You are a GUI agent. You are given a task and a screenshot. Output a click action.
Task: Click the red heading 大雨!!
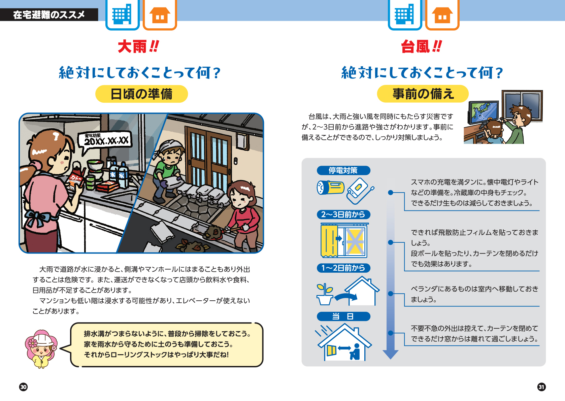[138, 47]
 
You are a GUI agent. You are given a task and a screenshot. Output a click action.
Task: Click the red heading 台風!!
[421, 47]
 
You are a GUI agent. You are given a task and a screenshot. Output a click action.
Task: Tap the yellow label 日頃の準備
[141, 94]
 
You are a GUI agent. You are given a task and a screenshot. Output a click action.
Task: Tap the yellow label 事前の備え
[423, 94]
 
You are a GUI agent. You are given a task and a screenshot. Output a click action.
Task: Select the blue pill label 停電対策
[343, 170]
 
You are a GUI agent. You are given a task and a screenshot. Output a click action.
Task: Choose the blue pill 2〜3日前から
[343, 214]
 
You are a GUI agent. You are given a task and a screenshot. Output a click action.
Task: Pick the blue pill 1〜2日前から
[343, 268]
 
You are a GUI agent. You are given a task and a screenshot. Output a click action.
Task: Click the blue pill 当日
[343, 316]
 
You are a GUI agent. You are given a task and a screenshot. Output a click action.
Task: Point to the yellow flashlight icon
[330, 187]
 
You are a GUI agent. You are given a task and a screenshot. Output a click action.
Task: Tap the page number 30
[23, 387]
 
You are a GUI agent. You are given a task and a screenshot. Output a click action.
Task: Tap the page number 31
[541, 387]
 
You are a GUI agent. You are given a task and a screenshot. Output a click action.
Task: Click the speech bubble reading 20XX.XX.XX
[105, 140]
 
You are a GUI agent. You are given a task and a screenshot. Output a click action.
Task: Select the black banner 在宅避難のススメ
[49, 15]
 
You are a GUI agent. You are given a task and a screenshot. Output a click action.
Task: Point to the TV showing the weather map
[483, 112]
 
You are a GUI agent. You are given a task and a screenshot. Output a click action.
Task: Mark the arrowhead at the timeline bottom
[391, 354]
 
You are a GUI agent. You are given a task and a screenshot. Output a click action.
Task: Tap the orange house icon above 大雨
[160, 15]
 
